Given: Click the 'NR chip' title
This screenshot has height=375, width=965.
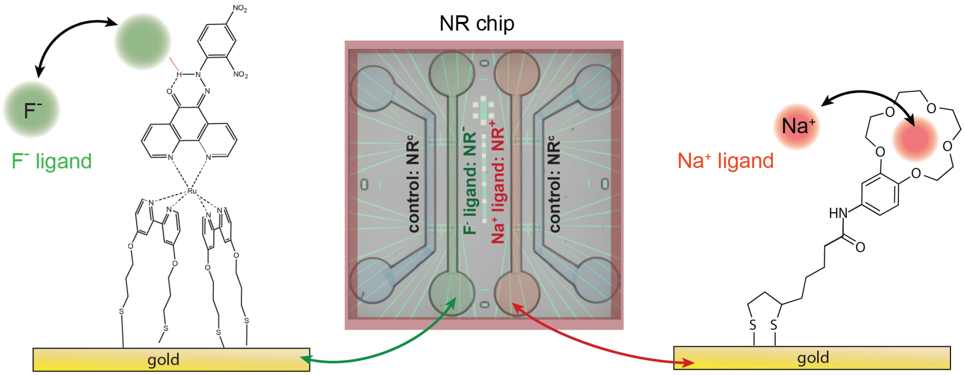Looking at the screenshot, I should [476, 23].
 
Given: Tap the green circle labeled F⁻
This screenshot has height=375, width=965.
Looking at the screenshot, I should [32, 110].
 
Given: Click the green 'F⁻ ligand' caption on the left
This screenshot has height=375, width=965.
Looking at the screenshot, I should [52, 161].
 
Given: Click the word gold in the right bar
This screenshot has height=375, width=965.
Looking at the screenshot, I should [813, 357].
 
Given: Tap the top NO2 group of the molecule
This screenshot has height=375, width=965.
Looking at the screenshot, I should [240, 8].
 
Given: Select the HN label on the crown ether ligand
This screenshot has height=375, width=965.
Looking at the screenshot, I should [838, 213].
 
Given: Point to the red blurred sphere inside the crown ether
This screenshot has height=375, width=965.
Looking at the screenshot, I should [915, 139].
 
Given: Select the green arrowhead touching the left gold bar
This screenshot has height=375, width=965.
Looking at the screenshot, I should [305, 359].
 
